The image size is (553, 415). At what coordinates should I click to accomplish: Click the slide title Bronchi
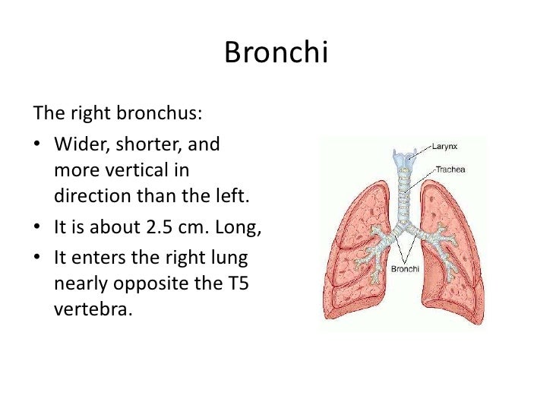[x=276, y=54]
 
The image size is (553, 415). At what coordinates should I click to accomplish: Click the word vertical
[x=141, y=170]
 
